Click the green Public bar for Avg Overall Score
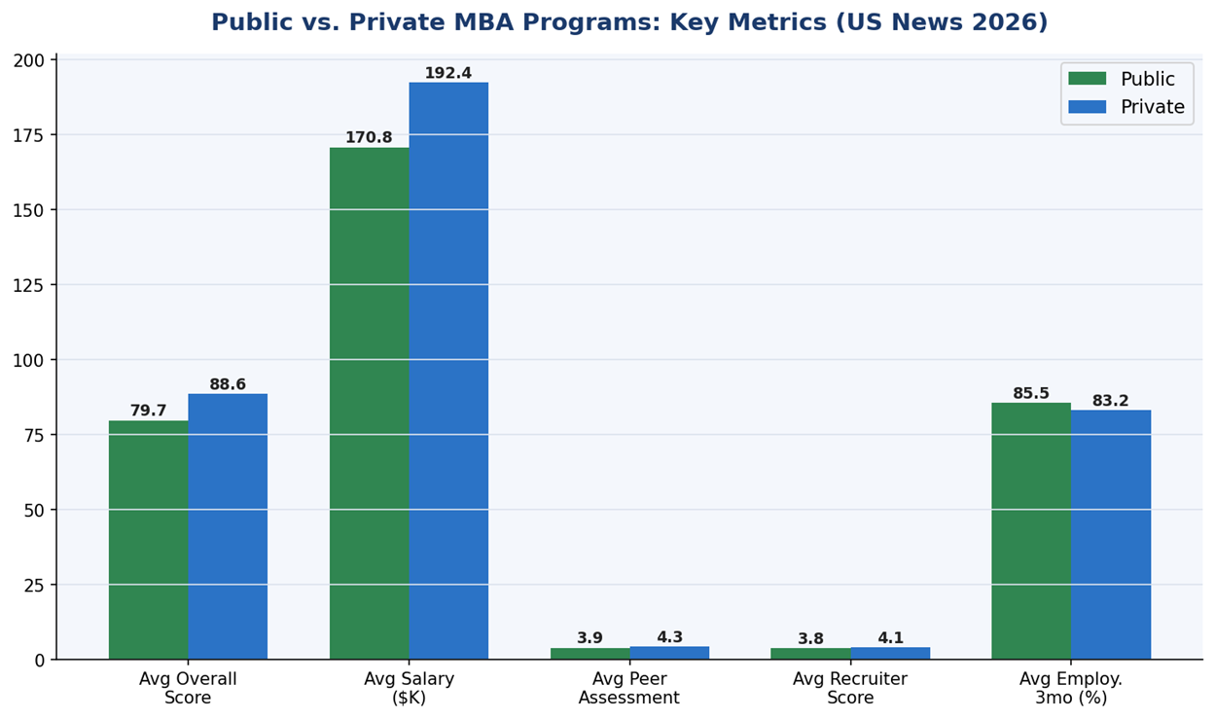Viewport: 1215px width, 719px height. pos(148,540)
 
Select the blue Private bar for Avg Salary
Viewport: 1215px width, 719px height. pos(448,371)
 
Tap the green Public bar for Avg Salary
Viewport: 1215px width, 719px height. pos(369,404)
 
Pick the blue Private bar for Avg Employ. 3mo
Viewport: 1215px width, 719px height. pos(1111,534)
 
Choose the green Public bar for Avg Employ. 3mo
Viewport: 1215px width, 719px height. pos(1031,531)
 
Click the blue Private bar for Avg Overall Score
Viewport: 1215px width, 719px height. pos(228,526)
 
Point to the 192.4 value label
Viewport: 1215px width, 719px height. pos(448,74)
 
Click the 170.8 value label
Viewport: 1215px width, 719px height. pos(369,138)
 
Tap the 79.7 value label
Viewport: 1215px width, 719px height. pos(148,412)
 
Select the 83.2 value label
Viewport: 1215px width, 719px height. pos(1111,401)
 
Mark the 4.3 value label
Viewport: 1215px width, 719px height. pos(669,638)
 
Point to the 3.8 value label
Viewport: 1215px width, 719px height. pos(810,639)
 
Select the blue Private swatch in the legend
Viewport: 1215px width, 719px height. pos(1087,107)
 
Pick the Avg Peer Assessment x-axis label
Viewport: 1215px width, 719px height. pos(629,689)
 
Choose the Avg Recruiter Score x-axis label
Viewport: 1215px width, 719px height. pos(850,689)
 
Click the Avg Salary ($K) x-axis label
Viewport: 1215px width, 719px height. pos(409,689)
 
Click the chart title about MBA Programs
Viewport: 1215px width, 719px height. pos(629,22)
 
